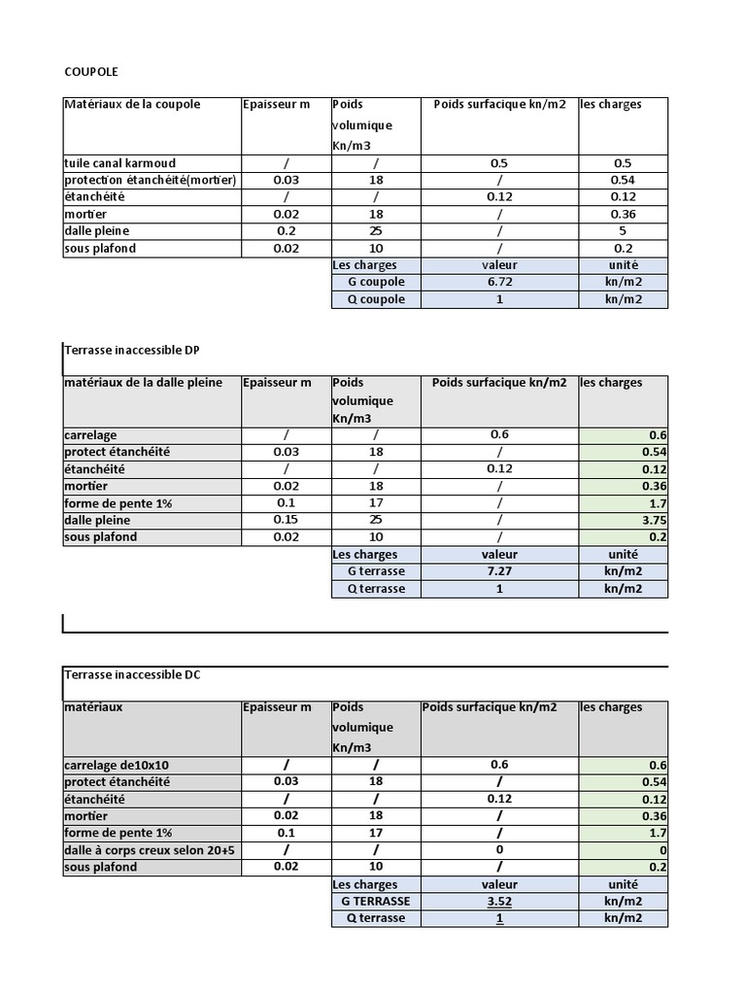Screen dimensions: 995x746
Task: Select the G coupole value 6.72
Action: coord(499,282)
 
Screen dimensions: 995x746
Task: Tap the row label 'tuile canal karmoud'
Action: coord(119,163)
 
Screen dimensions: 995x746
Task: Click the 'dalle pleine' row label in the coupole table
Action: coord(96,231)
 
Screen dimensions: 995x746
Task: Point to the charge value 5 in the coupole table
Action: coord(622,231)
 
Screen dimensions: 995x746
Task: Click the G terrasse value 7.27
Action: coord(499,571)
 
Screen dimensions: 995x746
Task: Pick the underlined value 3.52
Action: coord(499,901)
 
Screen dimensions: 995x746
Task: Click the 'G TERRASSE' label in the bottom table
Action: coord(376,901)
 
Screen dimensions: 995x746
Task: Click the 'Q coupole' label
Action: coord(376,299)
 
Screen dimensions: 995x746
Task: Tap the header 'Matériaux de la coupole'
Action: coord(132,104)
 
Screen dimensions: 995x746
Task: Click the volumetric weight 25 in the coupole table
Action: coord(375,231)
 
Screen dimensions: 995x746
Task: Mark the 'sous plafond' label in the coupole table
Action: coord(100,248)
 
